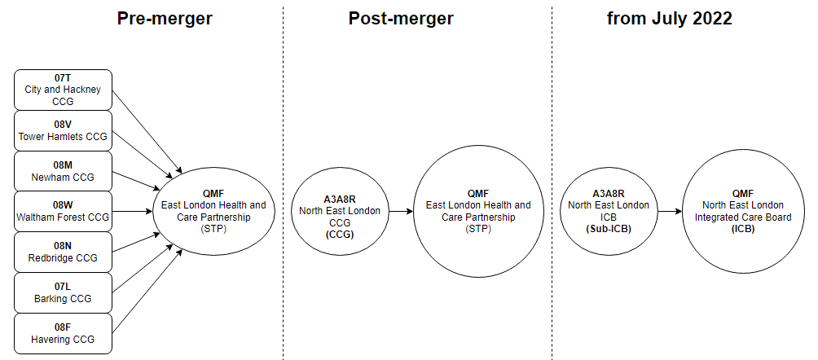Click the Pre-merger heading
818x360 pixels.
[165, 18]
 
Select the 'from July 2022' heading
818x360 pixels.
[669, 18]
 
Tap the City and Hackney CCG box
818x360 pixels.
[63, 90]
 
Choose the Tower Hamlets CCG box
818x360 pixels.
[63, 130]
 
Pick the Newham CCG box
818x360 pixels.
[63, 171]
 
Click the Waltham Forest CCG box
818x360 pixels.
[63, 212]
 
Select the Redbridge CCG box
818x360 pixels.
[63, 252]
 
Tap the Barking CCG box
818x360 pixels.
[63, 293]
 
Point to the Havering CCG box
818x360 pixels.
[63, 334]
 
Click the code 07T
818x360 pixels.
[63, 78]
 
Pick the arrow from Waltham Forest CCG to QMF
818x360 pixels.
[132, 212]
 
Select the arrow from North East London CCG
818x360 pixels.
[400, 212]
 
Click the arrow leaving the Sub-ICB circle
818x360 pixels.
[669, 212]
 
